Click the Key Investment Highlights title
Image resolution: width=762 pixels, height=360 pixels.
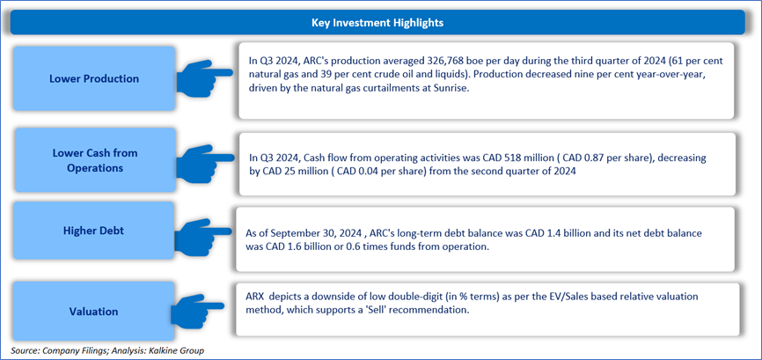377,22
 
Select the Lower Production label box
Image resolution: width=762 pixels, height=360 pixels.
94,78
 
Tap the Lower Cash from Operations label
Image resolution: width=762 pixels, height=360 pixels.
95,160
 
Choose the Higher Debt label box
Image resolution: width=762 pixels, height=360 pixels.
93,231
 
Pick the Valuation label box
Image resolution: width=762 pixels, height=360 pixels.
93,311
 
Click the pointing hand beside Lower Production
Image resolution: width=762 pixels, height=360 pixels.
204,77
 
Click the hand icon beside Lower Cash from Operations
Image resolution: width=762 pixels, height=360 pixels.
204,161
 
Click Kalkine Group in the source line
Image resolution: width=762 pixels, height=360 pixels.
183,351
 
